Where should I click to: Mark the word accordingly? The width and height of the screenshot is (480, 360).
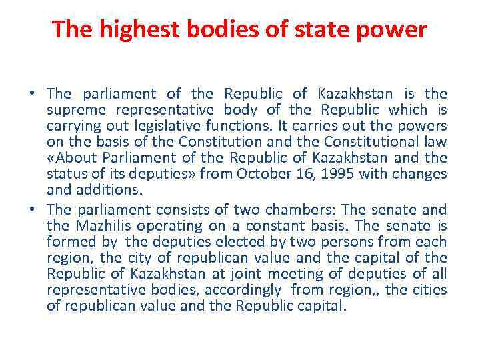click(243, 290)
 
